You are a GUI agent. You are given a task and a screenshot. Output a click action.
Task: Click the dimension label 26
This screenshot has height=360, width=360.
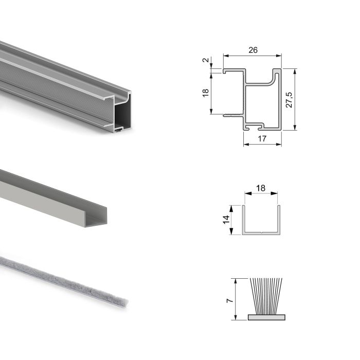pos(253,50)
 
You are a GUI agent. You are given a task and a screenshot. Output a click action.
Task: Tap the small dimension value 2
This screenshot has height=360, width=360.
pos(206,60)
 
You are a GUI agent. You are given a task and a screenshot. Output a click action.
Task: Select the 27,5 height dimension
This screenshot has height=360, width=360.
pos(290,99)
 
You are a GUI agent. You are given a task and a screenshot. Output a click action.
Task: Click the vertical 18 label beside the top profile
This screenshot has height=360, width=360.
pos(206,93)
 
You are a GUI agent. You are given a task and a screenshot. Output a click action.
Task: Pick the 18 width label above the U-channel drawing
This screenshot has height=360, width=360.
pos(261,188)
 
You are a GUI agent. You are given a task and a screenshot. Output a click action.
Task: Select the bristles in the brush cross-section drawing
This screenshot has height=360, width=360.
pos(265,296)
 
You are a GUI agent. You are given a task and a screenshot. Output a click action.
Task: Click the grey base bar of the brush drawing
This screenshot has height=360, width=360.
pos(265,317)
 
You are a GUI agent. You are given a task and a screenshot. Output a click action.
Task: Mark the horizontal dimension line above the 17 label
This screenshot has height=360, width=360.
pos(262,143)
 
